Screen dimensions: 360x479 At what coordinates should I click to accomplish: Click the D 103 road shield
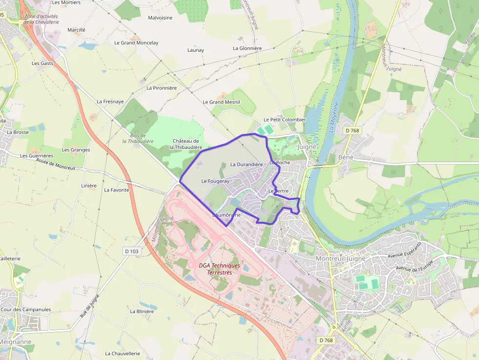[x=131, y=251]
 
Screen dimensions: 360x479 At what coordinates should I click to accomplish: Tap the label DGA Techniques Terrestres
[x=219, y=269]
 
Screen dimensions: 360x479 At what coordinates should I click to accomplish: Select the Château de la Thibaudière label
[x=186, y=144]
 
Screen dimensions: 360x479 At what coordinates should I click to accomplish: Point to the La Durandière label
[x=246, y=165]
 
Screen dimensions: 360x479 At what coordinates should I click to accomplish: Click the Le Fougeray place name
[x=215, y=181]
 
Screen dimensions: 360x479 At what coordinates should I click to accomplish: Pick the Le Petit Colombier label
[x=284, y=120]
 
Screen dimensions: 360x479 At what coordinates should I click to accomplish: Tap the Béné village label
[x=346, y=157]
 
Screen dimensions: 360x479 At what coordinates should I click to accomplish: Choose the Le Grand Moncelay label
[x=136, y=43]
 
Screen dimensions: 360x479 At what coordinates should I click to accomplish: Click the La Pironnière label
[x=161, y=88]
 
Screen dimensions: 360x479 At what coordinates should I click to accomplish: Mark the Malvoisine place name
[x=160, y=18]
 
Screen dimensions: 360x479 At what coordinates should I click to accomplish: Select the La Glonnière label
[x=247, y=48]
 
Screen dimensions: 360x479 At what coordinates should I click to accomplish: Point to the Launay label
[x=196, y=50]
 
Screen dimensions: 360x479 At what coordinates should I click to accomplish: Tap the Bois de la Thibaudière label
[x=138, y=138]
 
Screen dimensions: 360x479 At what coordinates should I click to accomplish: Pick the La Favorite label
[x=116, y=190]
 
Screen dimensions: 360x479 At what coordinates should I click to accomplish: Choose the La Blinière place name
[x=142, y=311]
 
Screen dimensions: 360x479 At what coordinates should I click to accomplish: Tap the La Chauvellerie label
[x=122, y=354]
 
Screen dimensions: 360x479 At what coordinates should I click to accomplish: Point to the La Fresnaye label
[x=110, y=102]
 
